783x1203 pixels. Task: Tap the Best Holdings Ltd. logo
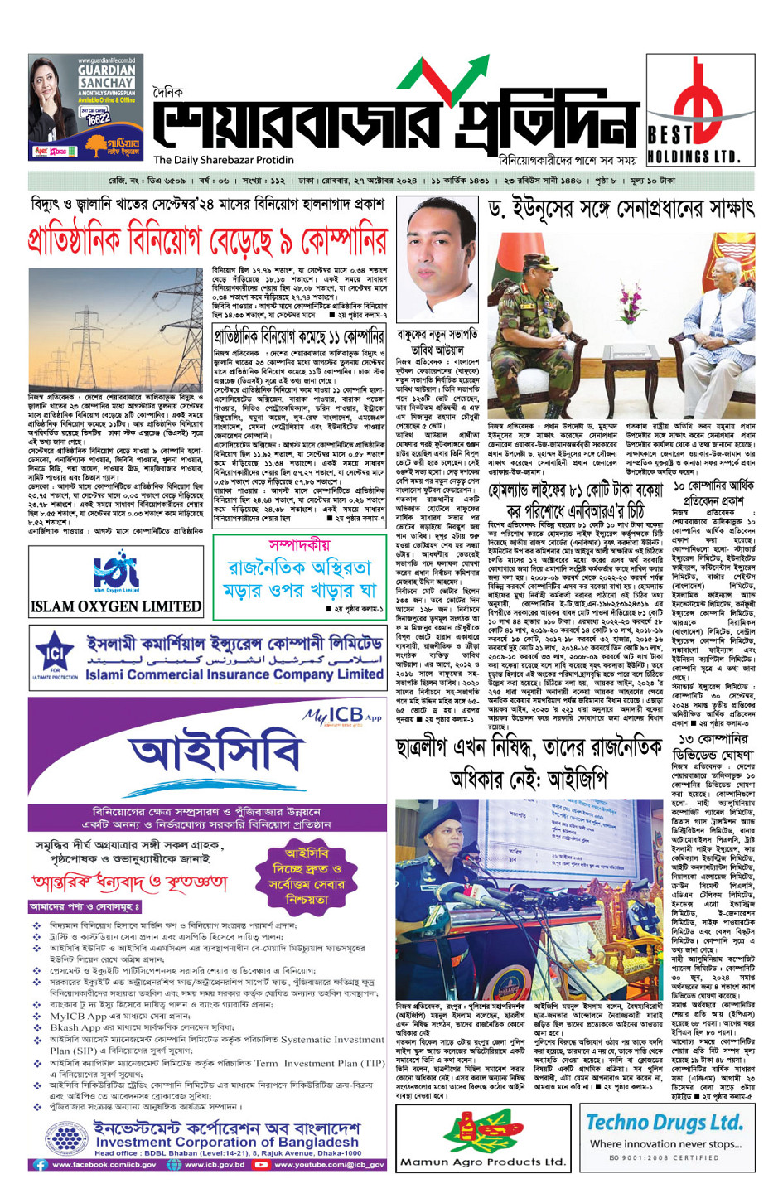pos(700,109)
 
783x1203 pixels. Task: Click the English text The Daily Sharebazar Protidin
pos(224,160)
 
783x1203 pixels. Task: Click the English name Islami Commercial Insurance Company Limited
pos(234,674)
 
